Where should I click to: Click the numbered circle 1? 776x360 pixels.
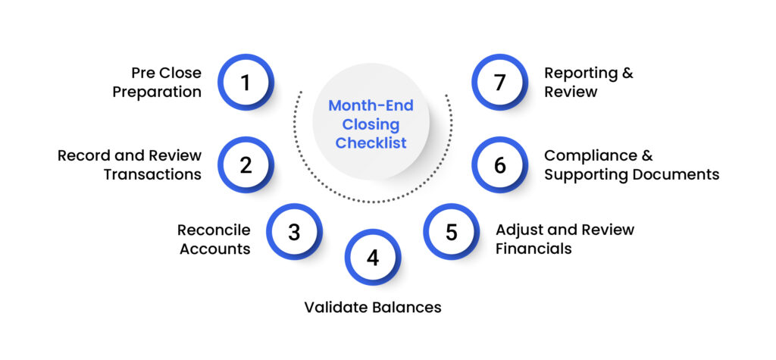pyautogui.click(x=246, y=82)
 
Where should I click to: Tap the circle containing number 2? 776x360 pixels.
pyautogui.click(x=246, y=164)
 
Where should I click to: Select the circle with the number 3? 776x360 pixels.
pyautogui.click(x=294, y=231)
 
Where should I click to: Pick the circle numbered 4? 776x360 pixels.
pyautogui.click(x=372, y=258)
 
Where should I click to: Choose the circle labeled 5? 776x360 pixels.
pyautogui.click(x=451, y=231)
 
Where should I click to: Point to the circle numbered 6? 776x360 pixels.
pyautogui.click(x=499, y=164)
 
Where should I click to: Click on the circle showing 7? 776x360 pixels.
pyautogui.click(x=499, y=82)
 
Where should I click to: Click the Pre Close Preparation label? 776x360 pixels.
pyautogui.click(x=160, y=83)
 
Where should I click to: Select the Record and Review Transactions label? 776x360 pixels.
pyautogui.click(x=130, y=164)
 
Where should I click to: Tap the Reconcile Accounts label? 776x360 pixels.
pyautogui.click(x=214, y=239)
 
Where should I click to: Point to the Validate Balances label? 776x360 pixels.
pyautogui.click(x=372, y=307)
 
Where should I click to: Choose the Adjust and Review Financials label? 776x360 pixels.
pyautogui.click(x=565, y=239)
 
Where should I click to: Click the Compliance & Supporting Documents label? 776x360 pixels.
pyautogui.click(x=631, y=164)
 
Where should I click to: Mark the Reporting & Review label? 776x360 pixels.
pyautogui.click(x=588, y=83)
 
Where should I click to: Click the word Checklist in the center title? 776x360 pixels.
pyautogui.click(x=371, y=142)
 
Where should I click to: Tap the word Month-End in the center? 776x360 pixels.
pyautogui.click(x=371, y=106)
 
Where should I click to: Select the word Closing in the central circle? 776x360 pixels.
pyautogui.click(x=371, y=124)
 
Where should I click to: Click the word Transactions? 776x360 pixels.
pyautogui.click(x=152, y=174)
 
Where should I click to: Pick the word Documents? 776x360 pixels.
pyautogui.click(x=677, y=174)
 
